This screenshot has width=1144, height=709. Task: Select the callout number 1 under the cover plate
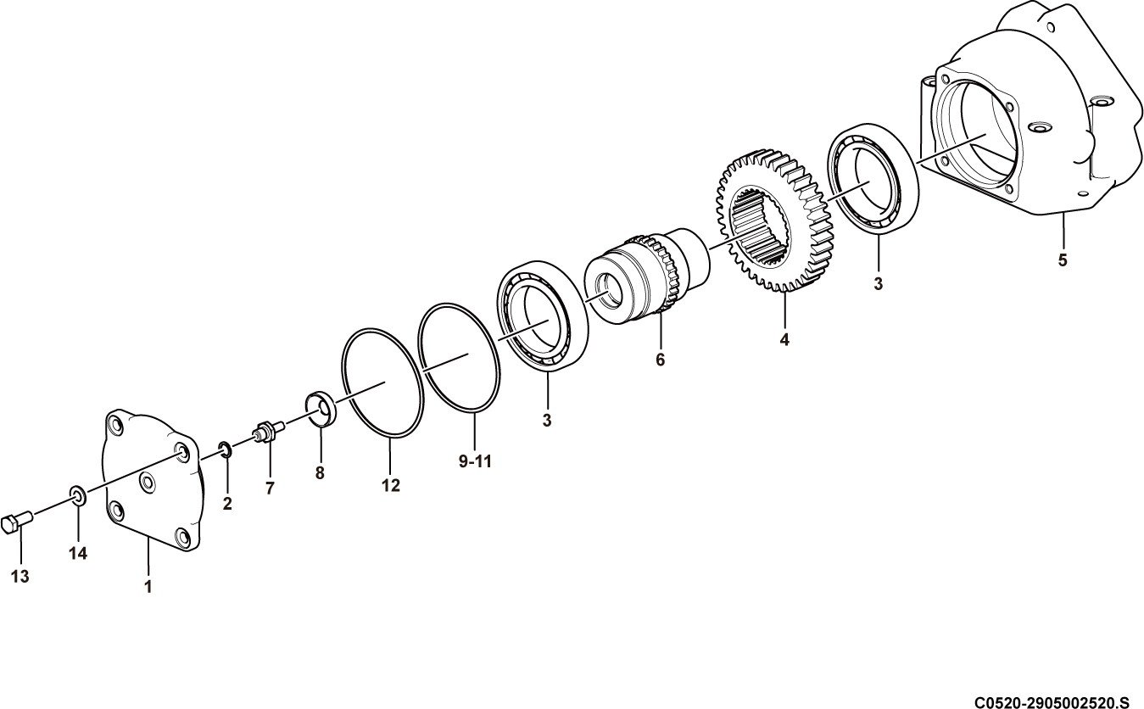148,587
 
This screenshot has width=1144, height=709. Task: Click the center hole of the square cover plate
148,482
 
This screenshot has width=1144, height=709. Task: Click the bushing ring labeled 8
321,409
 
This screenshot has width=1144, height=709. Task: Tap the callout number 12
391,485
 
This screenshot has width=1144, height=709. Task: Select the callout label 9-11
475,461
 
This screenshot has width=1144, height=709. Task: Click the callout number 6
661,360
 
